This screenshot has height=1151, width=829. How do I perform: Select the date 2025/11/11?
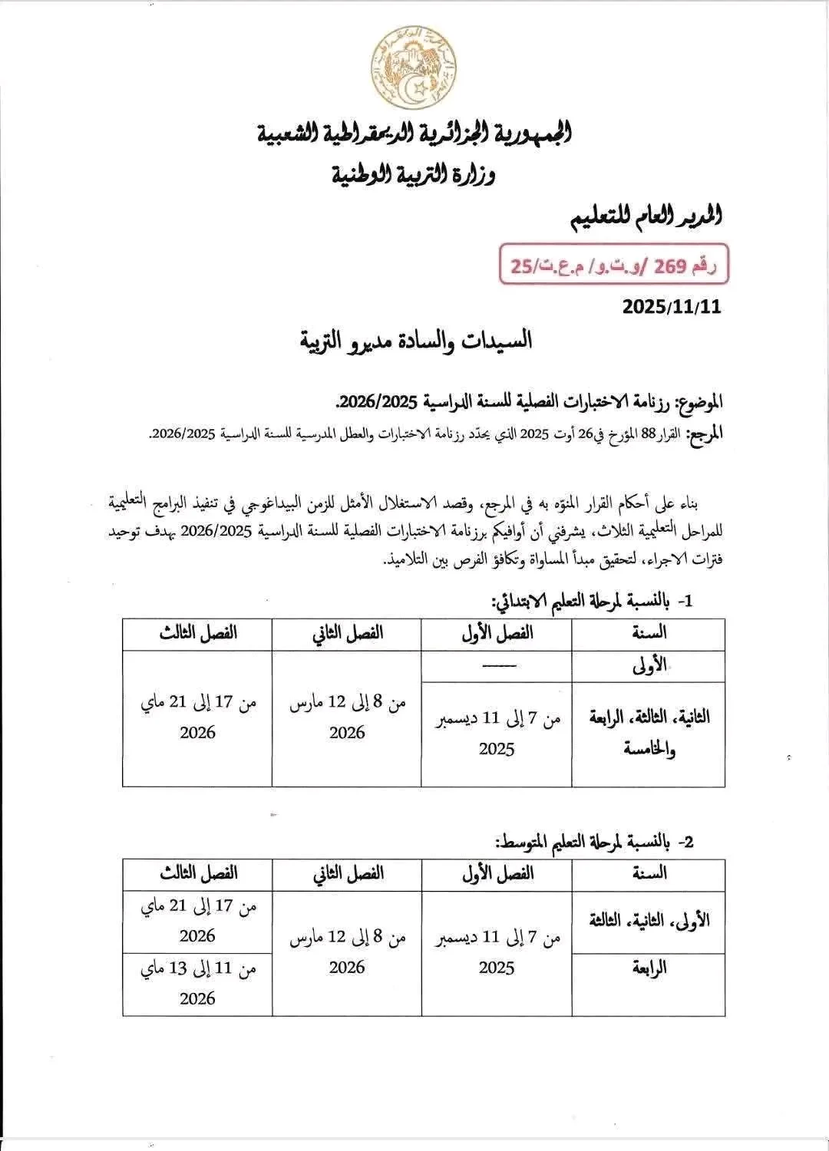pos(672,307)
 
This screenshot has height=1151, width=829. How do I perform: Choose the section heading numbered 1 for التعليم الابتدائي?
pos(592,601)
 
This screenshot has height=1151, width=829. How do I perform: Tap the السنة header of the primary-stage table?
pos(649,634)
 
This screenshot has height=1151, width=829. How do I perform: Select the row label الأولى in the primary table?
pos(649,665)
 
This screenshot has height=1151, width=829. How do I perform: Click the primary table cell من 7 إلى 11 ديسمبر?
pos(497,733)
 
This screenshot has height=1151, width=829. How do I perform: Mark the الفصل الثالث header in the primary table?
pos(198,634)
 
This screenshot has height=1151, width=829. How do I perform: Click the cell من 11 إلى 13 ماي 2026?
pos(198,983)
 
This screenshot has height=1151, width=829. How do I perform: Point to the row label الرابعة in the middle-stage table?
pos(649,968)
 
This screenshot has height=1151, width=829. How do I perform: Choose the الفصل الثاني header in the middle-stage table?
pos(347,873)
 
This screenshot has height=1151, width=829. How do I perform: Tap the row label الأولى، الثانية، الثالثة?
pos(649,920)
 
